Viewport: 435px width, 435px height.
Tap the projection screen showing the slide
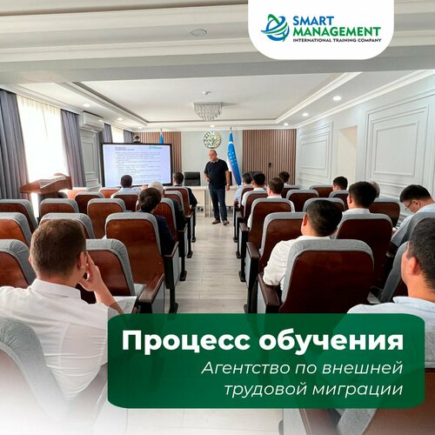pos(136,164)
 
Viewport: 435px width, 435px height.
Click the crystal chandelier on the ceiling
pos(207,110)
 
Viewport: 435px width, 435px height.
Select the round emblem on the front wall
pos(211,140)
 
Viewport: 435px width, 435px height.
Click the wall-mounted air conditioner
pos(91,121)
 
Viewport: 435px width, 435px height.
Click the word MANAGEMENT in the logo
pos(336,32)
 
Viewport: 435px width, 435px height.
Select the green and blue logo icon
pos(276,28)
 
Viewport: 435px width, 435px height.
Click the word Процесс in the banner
pos(178,340)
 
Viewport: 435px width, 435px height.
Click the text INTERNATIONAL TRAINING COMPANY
pos(336,41)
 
